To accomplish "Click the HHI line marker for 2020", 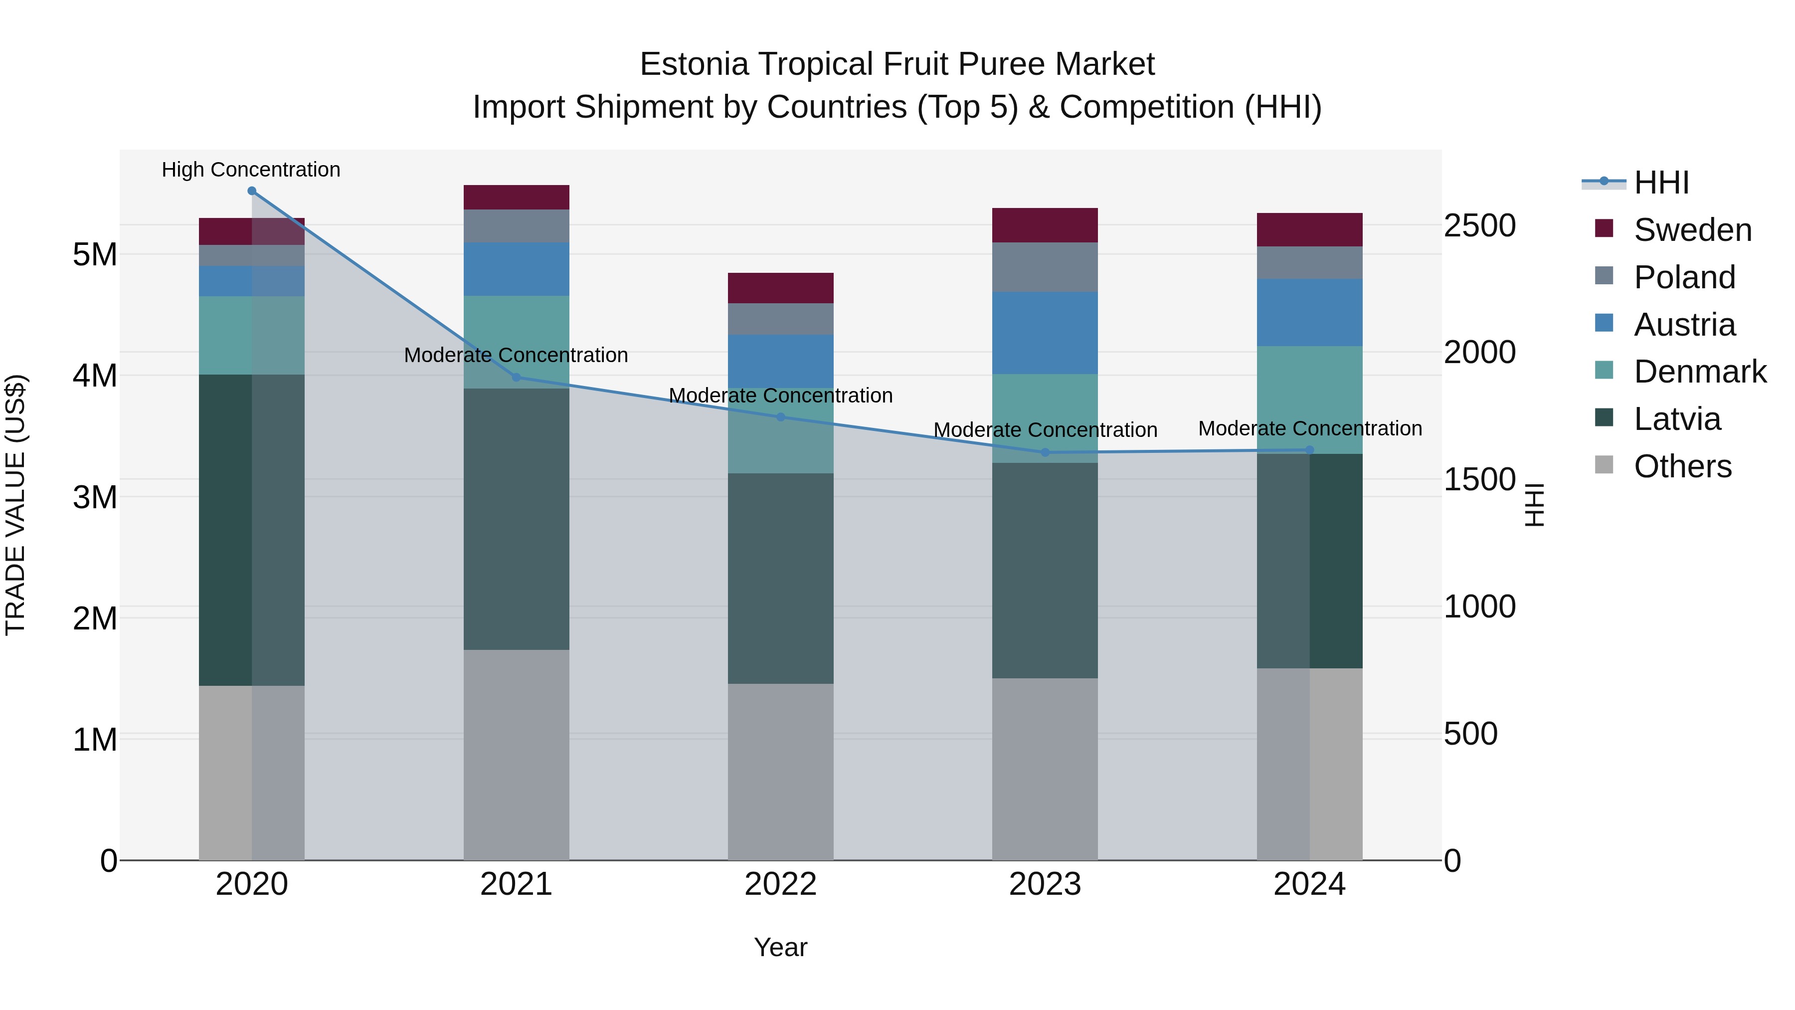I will pyautogui.click(x=252, y=191).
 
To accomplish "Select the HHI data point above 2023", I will pyautogui.click(x=1045, y=452).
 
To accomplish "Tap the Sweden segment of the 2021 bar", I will pyautogui.click(x=517, y=197).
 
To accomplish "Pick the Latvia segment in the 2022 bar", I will pyautogui.click(x=780, y=579).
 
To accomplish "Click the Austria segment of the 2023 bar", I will pyautogui.click(x=1045, y=333).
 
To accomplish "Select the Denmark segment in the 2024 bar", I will pyautogui.click(x=1309, y=400).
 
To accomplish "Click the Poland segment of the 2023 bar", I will pyautogui.click(x=1045, y=267).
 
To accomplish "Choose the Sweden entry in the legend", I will pyautogui.click(x=1692, y=230).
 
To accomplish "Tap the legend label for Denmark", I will pyautogui.click(x=1700, y=372).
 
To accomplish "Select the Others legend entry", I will pyautogui.click(x=1682, y=466).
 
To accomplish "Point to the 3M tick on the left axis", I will pyautogui.click(x=95, y=497).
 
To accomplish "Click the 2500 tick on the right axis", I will pyautogui.click(x=1479, y=226).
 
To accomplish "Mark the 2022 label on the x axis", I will pyautogui.click(x=780, y=884).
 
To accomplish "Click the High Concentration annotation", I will pyautogui.click(x=251, y=170).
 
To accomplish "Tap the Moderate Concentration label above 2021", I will pyautogui.click(x=516, y=355).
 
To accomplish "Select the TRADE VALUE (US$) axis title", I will pyautogui.click(x=15, y=505).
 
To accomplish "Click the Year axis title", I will pyautogui.click(x=780, y=947).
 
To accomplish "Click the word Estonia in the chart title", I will pyautogui.click(x=694, y=64).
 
